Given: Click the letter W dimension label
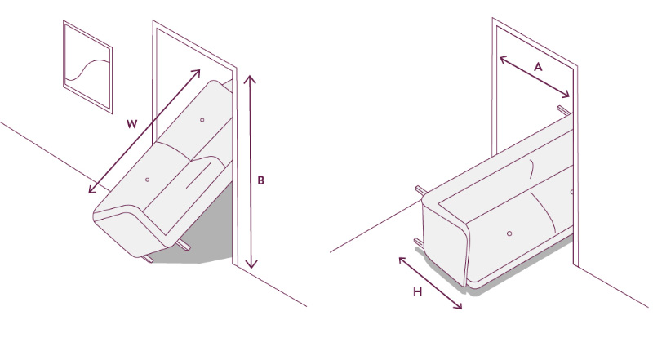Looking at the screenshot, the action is [x=131, y=124].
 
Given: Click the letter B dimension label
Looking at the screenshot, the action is [x=260, y=180].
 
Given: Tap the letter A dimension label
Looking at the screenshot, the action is [x=538, y=67].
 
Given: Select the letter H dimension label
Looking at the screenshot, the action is [x=418, y=291].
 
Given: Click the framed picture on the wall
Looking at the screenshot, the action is [x=88, y=67].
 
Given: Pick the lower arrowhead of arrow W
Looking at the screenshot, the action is [x=91, y=190].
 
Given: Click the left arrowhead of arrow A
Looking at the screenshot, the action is [x=503, y=59].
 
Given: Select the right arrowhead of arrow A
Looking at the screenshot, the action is [x=566, y=95].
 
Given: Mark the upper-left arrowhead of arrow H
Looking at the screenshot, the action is [x=402, y=260].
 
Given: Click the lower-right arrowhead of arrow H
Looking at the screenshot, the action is [x=459, y=306].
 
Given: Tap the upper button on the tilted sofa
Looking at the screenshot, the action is [x=202, y=120].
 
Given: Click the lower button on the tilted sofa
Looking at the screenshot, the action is [x=147, y=180].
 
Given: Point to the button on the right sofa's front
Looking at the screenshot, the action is [x=509, y=233].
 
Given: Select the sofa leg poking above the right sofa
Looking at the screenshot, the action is [x=563, y=109].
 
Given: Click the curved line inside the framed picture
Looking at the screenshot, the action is [x=87, y=69].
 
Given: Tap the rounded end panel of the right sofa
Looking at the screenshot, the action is [x=445, y=242].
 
